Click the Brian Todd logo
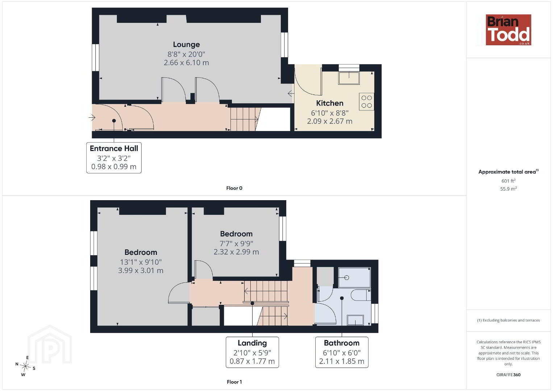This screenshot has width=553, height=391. pos(508,30)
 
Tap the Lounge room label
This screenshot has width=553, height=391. pos(186,45)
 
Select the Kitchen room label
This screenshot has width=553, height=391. pos(329,103)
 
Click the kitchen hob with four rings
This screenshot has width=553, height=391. pos(367,102)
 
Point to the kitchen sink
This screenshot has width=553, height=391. pos(349,78)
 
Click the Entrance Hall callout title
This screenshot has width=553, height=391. pos(114,148)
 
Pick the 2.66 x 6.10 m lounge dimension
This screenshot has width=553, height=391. pos(186,63)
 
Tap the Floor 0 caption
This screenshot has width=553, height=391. pos(234,188)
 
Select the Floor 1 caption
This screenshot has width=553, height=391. pos(234,382)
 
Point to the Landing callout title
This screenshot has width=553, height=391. pos(252,343)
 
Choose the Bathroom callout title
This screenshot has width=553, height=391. pos(342,343)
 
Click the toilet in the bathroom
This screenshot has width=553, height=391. pos(361,295)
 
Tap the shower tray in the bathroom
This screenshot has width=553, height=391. pos(354,278)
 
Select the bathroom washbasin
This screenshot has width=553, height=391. pos(355,320)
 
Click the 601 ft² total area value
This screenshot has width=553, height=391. pos(508,181)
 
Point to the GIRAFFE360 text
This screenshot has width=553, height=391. pos(508,375)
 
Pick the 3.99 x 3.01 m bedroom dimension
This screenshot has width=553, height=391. pos(141,270)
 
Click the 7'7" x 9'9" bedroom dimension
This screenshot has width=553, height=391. pos(236,244)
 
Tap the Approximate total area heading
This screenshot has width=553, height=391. pos(508,172)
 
